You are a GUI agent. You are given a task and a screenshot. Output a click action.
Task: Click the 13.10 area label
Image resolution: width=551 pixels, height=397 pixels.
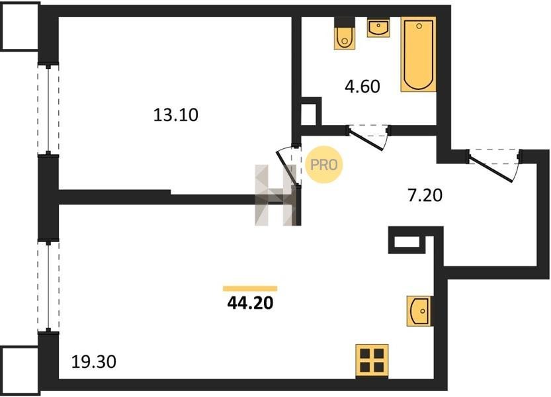pyautogui.click(x=176, y=115)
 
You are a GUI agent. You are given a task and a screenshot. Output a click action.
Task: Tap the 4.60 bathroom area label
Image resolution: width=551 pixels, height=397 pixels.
pyautogui.click(x=362, y=87)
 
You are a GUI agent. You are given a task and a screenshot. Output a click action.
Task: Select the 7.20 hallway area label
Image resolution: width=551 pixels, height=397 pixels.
pyautogui.click(x=425, y=195)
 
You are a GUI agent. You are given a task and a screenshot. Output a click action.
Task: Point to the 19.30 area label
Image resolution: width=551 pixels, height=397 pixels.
pyautogui.click(x=93, y=361)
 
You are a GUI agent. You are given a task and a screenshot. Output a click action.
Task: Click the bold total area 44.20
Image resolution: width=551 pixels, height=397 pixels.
pyautogui.click(x=250, y=303)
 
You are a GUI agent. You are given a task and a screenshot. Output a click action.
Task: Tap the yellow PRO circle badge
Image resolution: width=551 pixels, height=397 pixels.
pyautogui.click(x=323, y=165)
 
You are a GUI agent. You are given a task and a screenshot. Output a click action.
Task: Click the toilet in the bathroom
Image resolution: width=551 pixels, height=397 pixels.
pyautogui.click(x=345, y=33)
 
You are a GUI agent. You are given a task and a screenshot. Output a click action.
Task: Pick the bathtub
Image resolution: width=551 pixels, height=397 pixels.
pyautogui.click(x=419, y=54)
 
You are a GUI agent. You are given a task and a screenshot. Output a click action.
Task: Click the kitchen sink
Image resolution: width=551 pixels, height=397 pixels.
pyautogui.click(x=419, y=311)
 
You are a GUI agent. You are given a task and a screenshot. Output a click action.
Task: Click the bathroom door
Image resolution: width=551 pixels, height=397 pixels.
pyautogui.click(x=367, y=138)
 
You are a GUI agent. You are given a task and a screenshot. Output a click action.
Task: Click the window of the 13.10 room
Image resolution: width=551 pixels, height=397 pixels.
pyautogui.click(x=48, y=109)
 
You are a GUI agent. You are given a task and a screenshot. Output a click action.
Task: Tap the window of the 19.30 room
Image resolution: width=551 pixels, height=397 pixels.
pyautogui.click(x=48, y=286)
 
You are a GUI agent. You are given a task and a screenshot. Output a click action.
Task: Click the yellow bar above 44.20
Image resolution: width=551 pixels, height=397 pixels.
pyautogui.click(x=250, y=288)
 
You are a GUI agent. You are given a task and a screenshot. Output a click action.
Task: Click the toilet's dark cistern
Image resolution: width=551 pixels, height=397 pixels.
pyautogui.click(x=345, y=21)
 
